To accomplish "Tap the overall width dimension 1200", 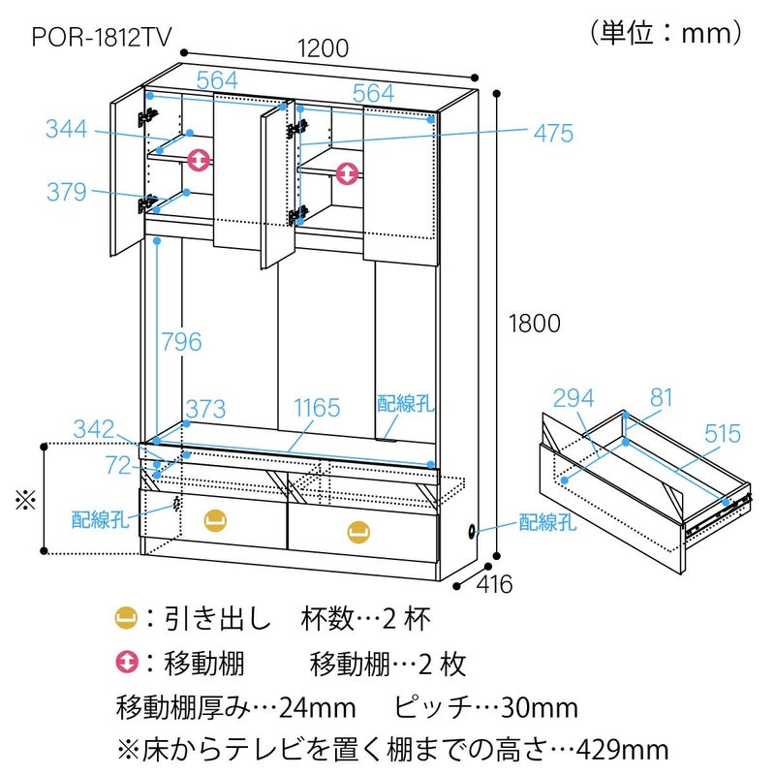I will tap(324, 47).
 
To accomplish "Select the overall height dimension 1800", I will tap(532, 324).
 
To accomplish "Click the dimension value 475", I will tap(553, 133).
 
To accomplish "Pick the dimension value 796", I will tap(181, 341).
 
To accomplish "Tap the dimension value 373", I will tap(206, 408).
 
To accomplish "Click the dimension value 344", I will tap(66, 129).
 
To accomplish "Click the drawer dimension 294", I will tap(573, 398).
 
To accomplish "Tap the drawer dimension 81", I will tap(662, 398).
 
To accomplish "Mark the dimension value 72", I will tap(118, 467).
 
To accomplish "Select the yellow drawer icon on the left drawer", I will tap(215, 520).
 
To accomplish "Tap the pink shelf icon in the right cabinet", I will tap(347, 172).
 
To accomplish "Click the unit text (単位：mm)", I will tap(666, 33).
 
